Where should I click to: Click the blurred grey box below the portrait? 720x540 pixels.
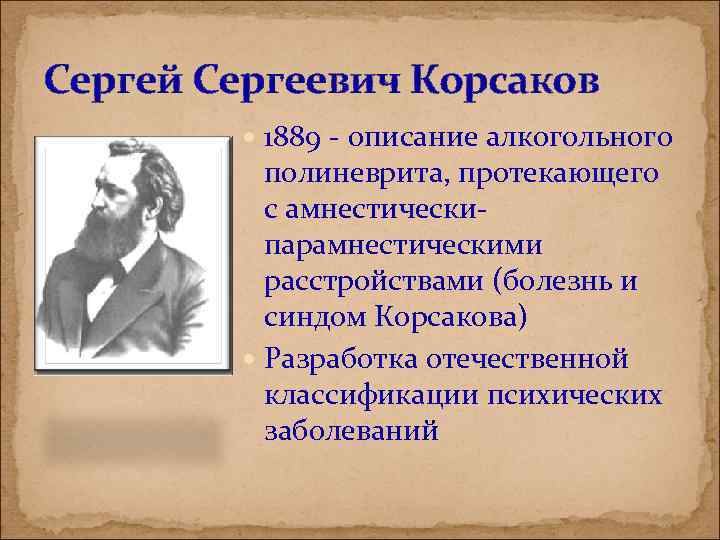pos(128,435)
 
